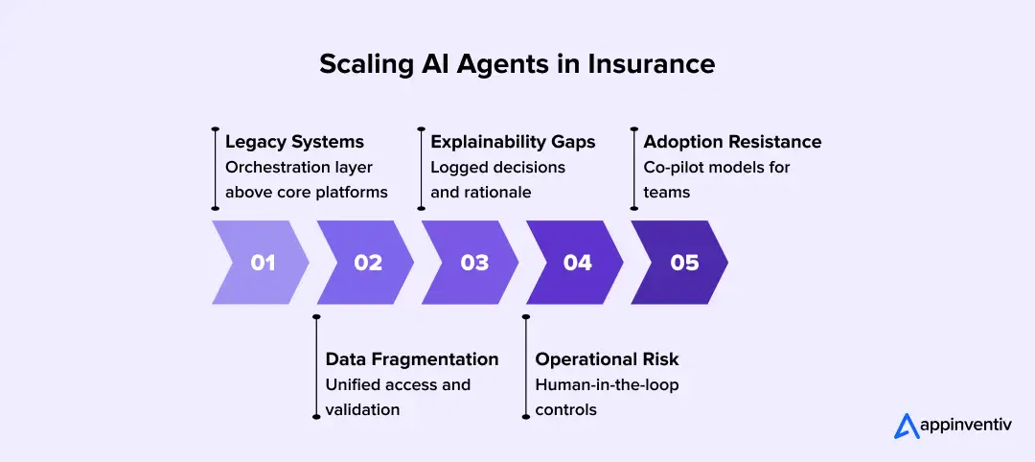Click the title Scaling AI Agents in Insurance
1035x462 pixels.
pyautogui.click(x=517, y=64)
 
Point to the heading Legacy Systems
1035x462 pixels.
pyautogui.click(x=294, y=142)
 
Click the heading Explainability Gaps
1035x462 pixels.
pyautogui.click(x=513, y=142)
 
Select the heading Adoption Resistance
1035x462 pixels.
pyautogui.click(x=732, y=142)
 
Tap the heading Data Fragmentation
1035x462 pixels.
pyautogui.click(x=412, y=359)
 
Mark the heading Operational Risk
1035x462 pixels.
pyautogui.click(x=607, y=359)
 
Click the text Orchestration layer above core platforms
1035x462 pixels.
pyautogui.click(x=307, y=179)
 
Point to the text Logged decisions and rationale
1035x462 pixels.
pyautogui.click(x=498, y=179)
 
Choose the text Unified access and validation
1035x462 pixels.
pyautogui.click(x=398, y=397)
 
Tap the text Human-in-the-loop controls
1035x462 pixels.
pyautogui.click(x=607, y=397)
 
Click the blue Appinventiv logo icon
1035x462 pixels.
pyautogui.click(x=907, y=426)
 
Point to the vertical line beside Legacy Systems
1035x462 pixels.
pyautogui.click(x=216, y=167)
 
